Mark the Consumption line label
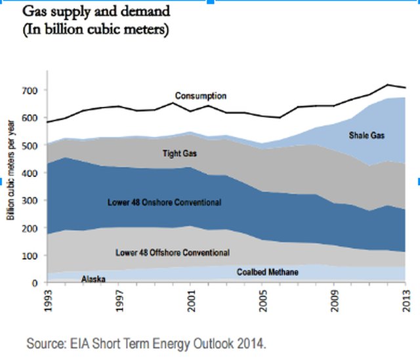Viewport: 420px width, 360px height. tap(201, 96)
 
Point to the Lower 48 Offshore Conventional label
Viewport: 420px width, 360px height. tap(171, 252)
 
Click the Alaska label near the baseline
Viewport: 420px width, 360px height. tap(94, 279)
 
